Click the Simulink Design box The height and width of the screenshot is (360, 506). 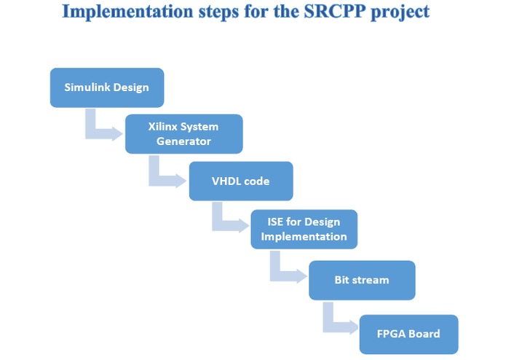click(x=106, y=87)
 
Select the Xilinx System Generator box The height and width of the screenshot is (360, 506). click(x=183, y=133)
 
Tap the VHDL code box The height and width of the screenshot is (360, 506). click(x=241, y=181)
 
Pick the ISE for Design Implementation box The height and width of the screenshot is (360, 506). click(x=304, y=229)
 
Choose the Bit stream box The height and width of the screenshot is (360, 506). click(x=362, y=279)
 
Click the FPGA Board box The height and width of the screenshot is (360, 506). click(x=408, y=334)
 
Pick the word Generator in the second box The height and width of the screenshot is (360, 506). click(x=183, y=141)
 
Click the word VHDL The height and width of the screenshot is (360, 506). click(x=226, y=181)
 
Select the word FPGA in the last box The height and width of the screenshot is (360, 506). click(x=390, y=334)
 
